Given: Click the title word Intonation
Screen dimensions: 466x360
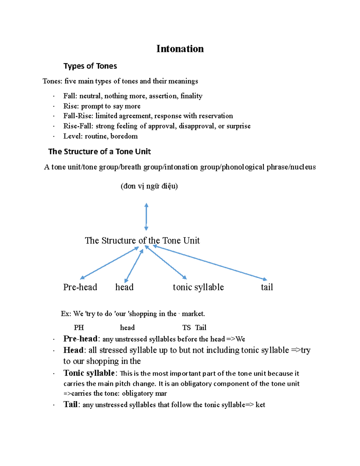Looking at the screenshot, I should (x=180, y=49).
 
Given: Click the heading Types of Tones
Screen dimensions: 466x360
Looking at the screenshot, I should (x=90, y=66).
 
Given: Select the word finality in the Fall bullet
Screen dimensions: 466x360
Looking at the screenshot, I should (x=191, y=96).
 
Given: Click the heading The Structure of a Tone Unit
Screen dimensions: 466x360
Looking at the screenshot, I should (x=99, y=152).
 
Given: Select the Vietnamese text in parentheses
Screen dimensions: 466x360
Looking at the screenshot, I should (x=149, y=186).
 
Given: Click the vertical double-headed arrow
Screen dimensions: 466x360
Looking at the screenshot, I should (x=146, y=217).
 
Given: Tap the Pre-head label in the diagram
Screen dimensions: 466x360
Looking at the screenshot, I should (x=80, y=287).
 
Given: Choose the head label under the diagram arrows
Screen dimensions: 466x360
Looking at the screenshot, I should (x=124, y=287).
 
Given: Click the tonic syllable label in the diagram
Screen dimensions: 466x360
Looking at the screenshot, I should (x=198, y=287).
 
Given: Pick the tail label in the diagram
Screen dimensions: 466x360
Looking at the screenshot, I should (x=267, y=287).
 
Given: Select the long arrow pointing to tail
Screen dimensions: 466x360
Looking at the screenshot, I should (x=210, y=263).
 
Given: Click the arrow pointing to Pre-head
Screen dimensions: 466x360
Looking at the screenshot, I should (x=109, y=263).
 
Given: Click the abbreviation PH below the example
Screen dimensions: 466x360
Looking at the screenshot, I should (x=79, y=328).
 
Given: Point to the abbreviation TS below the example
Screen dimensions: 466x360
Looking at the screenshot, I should (x=186, y=328).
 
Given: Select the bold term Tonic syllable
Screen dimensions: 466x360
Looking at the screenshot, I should (x=89, y=373).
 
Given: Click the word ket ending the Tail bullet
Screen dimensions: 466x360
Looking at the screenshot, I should (x=260, y=405).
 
